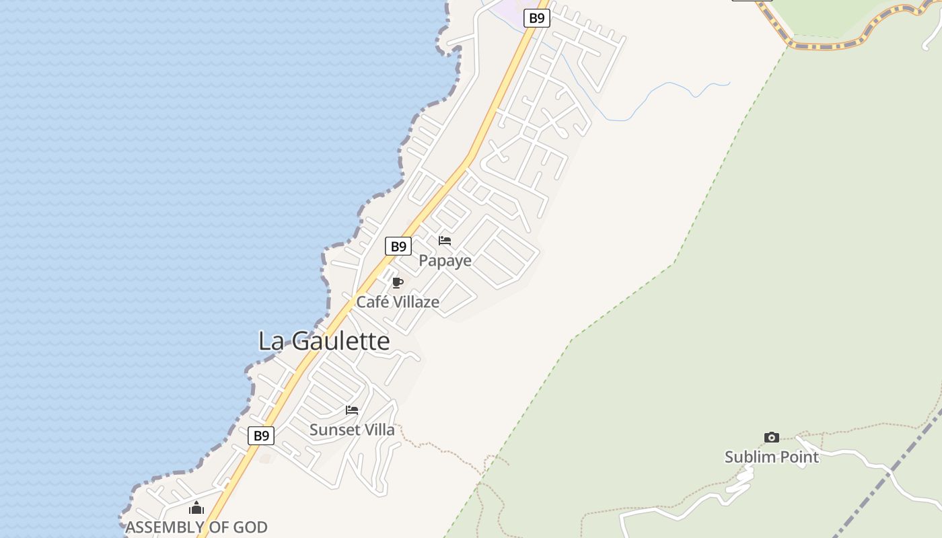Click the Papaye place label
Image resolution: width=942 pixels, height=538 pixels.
pos(445,260)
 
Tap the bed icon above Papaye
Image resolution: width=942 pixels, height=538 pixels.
pos(445,241)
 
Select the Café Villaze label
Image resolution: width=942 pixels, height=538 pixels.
pos(398,302)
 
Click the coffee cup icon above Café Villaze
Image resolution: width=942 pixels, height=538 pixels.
pos(397,282)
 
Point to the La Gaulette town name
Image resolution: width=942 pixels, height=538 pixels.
pos(324,341)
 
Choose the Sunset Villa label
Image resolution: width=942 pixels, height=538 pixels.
pos(352,430)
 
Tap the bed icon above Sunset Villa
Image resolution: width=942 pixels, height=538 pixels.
pos(352,410)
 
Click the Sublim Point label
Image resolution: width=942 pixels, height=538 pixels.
pos(772,457)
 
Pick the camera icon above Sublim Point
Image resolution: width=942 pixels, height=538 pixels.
pos(772,438)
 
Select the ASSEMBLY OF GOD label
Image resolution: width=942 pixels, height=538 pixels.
pos(196,527)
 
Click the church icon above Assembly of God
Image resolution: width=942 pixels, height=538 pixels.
pos(196,508)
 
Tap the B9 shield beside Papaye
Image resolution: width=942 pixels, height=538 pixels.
pos(398,246)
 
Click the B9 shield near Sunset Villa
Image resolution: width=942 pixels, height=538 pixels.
pos(261,436)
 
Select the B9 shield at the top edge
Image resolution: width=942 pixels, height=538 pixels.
pos(536,17)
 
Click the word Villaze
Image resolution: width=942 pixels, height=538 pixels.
pos(416,302)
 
